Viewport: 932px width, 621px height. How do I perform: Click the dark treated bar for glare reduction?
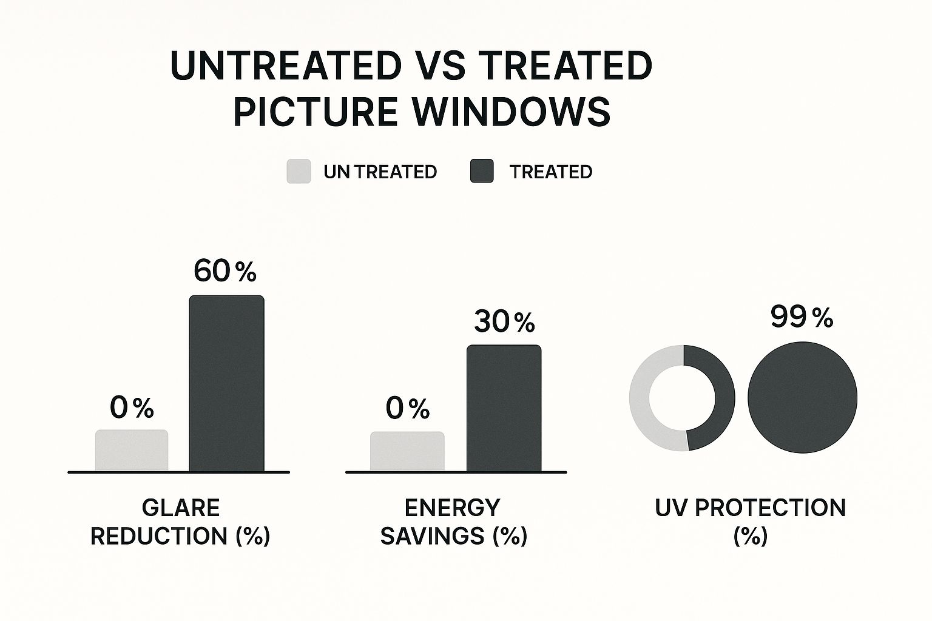coord(226,383)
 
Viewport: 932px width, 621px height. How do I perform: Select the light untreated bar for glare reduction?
coord(132,450)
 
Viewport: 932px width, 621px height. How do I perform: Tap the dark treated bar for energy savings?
coord(504,408)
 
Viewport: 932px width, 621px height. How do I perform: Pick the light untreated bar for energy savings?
coord(407,451)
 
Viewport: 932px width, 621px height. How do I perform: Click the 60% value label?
coord(225,271)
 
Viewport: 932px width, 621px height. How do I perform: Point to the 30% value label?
coord(504,321)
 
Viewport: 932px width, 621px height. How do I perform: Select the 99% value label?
coord(802,317)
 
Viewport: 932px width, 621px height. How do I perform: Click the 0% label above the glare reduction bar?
coord(132,408)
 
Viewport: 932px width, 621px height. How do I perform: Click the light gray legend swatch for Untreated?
coord(299,172)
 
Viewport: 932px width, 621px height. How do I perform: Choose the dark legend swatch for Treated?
coord(482,172)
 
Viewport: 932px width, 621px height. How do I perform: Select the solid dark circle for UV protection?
coord(802,398)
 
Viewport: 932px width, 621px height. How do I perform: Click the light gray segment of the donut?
coord(640,398)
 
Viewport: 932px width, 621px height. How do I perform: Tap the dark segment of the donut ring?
coord(724,398)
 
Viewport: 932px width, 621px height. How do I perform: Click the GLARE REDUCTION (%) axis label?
coord(180,522)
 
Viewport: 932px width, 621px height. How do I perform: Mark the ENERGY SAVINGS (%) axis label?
coord(453,522)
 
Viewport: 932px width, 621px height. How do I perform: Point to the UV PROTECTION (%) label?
coord(750,522)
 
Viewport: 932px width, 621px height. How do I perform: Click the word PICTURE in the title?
coord(315,112)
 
